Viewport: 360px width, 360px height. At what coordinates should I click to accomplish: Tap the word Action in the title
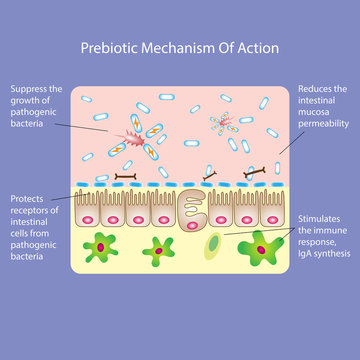tap(256, 48)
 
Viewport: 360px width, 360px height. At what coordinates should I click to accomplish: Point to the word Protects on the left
tap(28, 198)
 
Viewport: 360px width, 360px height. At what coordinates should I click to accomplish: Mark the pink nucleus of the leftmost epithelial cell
tap(91, 217)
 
